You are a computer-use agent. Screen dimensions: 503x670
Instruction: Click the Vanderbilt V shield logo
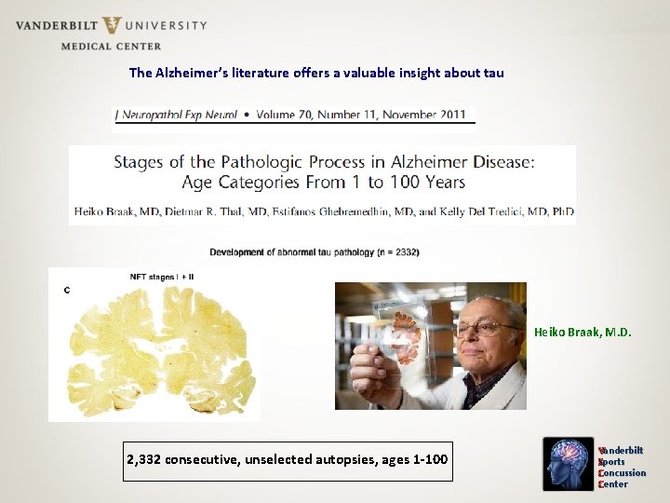pyautogui.click(x=112, y=25)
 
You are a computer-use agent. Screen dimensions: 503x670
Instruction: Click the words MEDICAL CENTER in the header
pyautogui.click(x=111, y=46)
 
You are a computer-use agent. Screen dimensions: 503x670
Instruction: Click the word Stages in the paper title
pyautogui.click(x=139, y=162)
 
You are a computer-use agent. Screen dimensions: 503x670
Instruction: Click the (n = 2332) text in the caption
pyautogui.click(x=394, y=252)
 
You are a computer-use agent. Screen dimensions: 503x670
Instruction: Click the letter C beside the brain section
pyautogui.click(x=67, y=291)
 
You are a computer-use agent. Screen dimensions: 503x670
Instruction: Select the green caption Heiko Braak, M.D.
pyautogui.click(x=583, y=332)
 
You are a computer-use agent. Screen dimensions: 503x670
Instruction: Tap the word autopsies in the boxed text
pyautogui.click(x=351, y=459)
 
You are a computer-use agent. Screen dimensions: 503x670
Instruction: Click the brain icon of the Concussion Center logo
pyautogui.click(x=568, y=464)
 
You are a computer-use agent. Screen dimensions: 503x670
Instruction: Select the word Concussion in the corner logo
pyautogui.click(x=623, y=473)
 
